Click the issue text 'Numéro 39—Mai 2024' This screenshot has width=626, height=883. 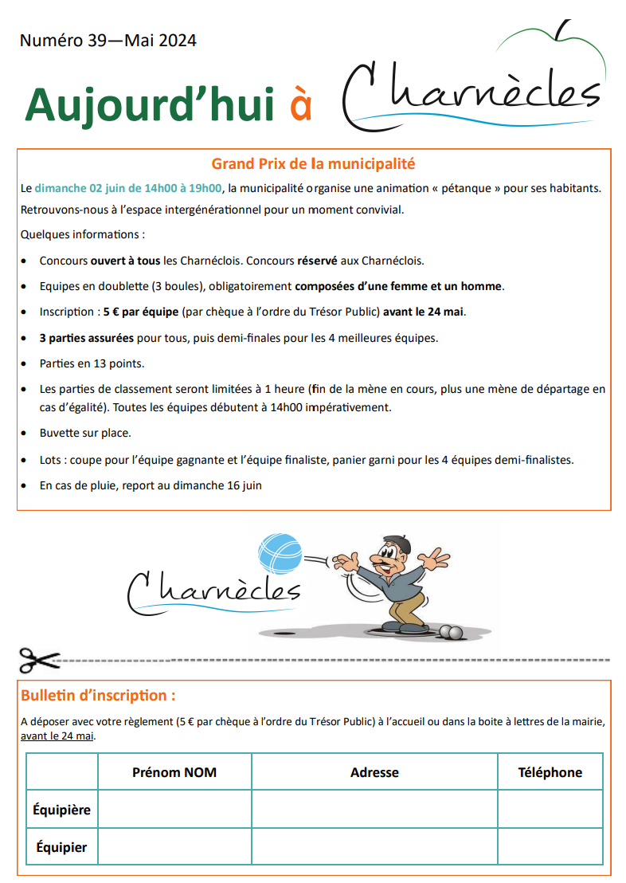pos(108,41)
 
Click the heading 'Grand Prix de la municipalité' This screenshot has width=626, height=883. pos(313,164)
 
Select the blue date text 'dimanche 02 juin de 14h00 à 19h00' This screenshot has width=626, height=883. pos(127,189)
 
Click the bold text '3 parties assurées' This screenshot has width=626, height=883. pos(87,338)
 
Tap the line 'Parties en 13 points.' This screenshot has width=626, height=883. pos(92,363)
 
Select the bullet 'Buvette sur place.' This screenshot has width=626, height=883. pos(85,434)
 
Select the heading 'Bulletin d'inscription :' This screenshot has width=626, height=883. pos(98,695)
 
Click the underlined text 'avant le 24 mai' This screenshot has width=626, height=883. pos(57,736)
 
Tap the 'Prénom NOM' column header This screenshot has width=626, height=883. pos(174,772)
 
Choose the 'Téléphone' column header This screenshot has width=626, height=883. pos(550,772)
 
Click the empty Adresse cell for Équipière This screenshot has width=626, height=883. pos(374,810)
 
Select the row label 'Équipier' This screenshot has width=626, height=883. pos(62,847)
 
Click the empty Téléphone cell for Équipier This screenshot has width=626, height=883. pos(550,847)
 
